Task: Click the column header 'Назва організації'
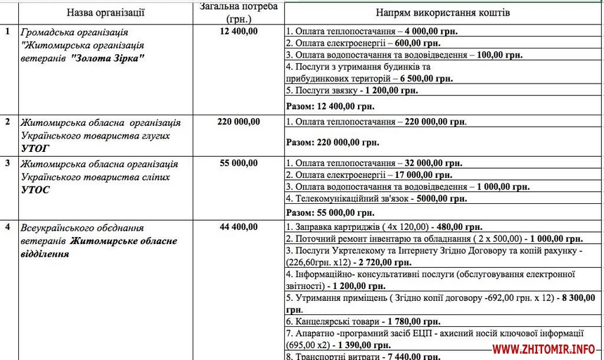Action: click(x=105, y=13)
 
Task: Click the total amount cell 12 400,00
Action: click(x=238, y=32)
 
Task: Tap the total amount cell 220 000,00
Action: click(x=238, y=122)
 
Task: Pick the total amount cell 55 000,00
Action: click(x=238, y=163)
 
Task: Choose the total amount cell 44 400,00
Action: click(x=238, y=227)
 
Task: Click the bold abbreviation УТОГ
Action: click(x=35, y=148)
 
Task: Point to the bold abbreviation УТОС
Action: click(x=36, y=190)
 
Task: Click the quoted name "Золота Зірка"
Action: click(x=108, y=58)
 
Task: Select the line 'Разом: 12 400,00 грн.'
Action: click(x=332, y=107)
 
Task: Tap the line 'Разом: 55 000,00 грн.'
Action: click(x=332, y=212)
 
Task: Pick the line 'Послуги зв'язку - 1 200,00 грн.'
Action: click(x=352, y=91)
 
